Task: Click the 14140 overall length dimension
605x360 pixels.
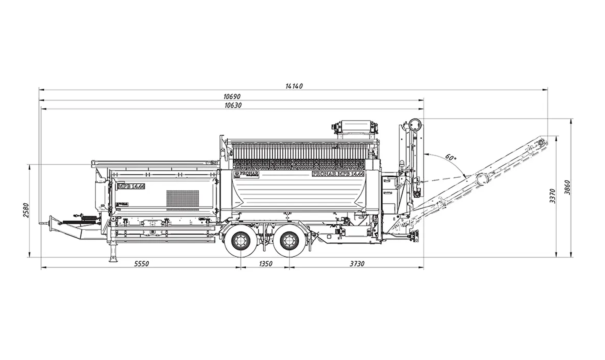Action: click(294, 86)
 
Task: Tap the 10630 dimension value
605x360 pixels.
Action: click(232, 105)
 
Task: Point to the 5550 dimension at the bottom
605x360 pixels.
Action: click(141, 264)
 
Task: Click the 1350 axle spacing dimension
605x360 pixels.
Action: click(265, 264)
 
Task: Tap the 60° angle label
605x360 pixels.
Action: click(450, 158)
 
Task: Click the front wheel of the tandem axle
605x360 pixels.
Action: click(240, 242)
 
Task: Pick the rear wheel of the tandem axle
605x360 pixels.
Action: click(289, 242)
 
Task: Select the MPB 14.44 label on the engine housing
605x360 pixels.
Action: click(131, 187)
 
